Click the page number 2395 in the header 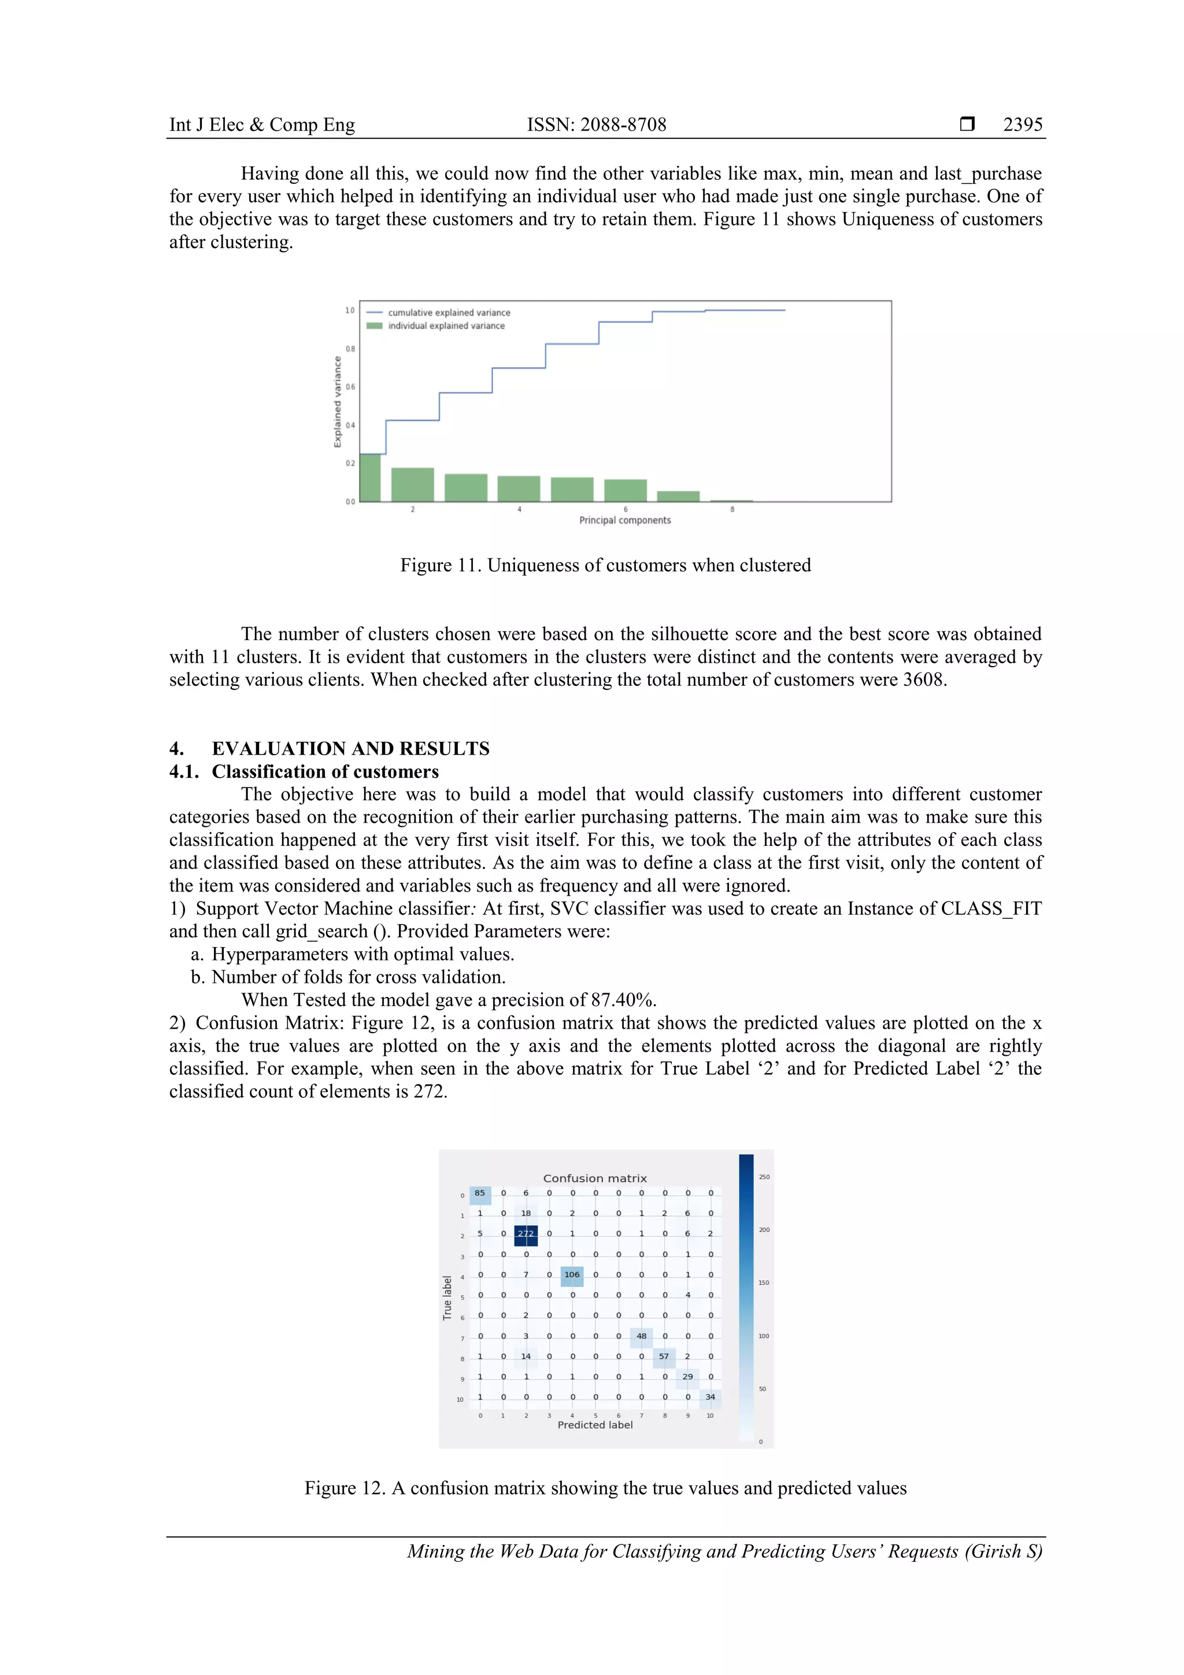[1022, 125]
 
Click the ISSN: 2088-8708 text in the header [596, 125]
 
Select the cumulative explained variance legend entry [448, 312]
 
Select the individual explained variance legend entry [445, 326]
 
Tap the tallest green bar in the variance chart [370, 478]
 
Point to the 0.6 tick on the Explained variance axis [351, 387]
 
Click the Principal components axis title [624, 520]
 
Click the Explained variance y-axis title [337, 401]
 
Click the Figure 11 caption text [605, 565]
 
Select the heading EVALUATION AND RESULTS [350, 749]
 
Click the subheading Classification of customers [325, 772]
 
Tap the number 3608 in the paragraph [924, 680]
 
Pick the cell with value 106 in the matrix [572, 1274]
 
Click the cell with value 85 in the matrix [479, 1193]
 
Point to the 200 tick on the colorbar [764, 1230]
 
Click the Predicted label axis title [594, 1425]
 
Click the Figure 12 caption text [605, 1488]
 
